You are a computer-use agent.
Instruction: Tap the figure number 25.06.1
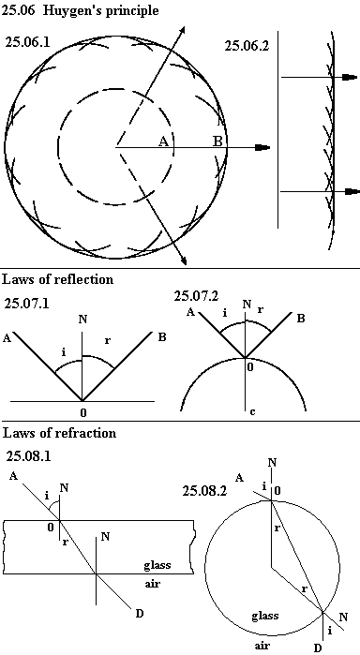click(27, 42)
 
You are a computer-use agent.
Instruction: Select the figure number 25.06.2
click(247, 46)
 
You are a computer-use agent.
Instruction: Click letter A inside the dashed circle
click(163, 141)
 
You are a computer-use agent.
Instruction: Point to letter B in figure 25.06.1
click(217, 141)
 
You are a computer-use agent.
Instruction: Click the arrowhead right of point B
click(263, 147)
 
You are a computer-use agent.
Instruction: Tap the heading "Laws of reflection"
click(58, 278)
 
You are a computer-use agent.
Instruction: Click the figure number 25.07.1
click(26, 304)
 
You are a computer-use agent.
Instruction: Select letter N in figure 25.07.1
click(82, 320)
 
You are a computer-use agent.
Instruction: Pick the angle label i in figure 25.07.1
click(63, 352)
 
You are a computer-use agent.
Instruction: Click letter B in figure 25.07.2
click(301, 319)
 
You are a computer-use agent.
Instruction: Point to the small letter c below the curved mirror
click(252, 412)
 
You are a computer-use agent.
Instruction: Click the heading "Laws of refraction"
click(59, 433)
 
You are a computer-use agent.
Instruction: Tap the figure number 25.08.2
click(204, 490)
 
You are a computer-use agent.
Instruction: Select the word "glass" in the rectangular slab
click(157, 566)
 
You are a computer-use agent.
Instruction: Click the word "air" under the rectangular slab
click(152, 584)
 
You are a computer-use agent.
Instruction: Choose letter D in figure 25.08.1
click(140, 613)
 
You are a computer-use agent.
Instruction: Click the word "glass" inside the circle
click(265, 617)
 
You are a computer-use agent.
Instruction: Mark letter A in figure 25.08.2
click(239, 478)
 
